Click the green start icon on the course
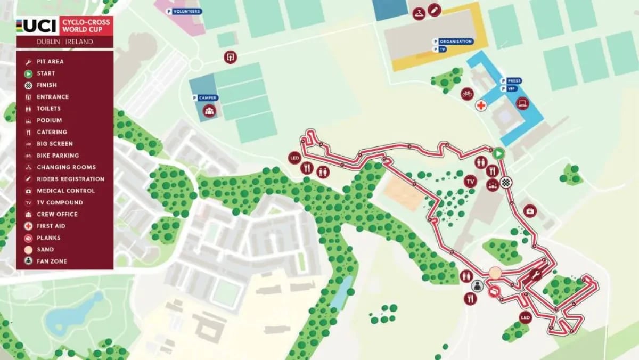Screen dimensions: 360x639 click(x=498, y=153)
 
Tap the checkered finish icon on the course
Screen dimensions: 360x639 click(x=506, y=182)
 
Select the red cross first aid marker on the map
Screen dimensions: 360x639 click(x=481, y=105)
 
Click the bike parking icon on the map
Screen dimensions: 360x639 click(x=467, y=94)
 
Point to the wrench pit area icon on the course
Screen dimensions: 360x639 click(x=536, y=275)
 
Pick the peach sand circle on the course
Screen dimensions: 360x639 click(x=495, y=273)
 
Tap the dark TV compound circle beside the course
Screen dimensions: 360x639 click(x=470, y=182)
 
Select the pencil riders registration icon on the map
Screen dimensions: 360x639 click(x=435, y=10)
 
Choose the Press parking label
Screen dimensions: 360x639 click(x=511, y=81)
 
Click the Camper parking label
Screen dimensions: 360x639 click(x=206, y=98)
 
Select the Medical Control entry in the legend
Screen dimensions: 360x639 click(x=65, y=191)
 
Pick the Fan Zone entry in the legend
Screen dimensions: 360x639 click(x=52, y=261)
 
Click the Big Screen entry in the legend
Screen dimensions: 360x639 click(x=54, y=144)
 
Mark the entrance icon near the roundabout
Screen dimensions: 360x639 click(x=230, y=57)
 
